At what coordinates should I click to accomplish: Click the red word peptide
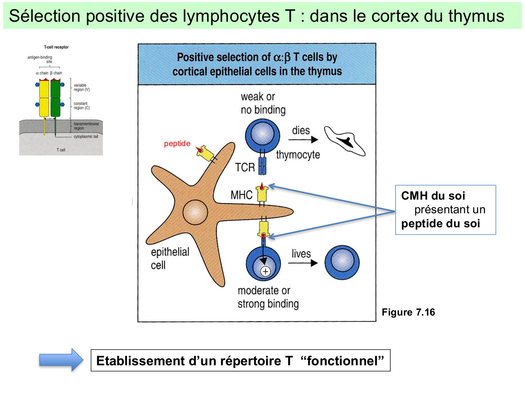177,144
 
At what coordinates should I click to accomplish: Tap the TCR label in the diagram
245,167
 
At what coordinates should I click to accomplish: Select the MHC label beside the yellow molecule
241,195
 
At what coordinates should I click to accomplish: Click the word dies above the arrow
301,131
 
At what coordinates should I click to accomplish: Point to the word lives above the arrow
301,254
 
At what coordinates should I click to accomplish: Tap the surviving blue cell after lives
342,262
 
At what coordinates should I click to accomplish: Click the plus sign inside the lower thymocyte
266,271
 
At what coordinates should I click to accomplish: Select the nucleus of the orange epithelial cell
195,212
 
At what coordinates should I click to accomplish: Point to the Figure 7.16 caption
408,312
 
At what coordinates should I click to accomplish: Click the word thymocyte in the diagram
298,155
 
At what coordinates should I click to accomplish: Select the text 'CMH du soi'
433,196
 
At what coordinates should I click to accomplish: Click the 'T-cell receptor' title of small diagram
56,47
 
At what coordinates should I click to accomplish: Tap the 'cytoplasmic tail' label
86,137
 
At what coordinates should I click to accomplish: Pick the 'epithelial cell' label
170,258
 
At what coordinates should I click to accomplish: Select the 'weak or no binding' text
263,103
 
